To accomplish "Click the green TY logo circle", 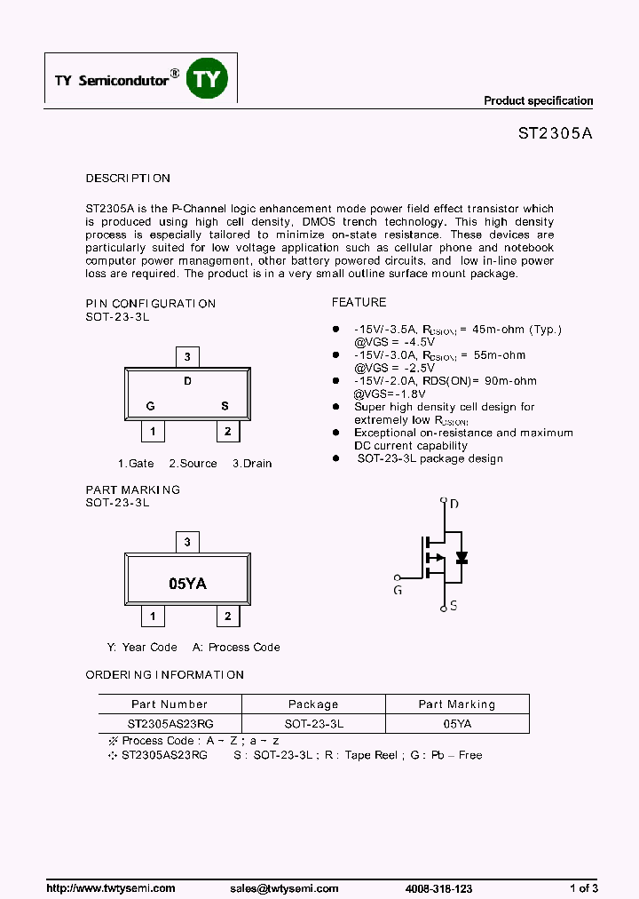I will point(207,79).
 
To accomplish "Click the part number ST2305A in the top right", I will point(555,134).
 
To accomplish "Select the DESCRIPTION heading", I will point(128,179).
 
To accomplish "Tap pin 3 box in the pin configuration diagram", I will point(186,357).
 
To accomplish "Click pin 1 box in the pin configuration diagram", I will point(154,432).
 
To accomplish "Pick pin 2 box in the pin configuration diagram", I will point(228,432).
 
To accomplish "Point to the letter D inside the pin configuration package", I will point(187,381).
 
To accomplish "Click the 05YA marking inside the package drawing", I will point(187,584).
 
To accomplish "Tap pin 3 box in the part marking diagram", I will point(186,542).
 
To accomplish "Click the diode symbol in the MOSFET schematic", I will point(461,558).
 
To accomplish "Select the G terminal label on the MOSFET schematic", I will point(398,589).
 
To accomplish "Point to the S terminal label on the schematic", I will point(454,606).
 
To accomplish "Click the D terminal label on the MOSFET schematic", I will point(454,505).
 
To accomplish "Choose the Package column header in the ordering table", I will point(313,704).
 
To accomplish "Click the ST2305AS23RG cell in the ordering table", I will point(169,724).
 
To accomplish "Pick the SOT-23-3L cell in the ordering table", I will point(313,724).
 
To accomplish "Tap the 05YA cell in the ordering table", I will point(457,724).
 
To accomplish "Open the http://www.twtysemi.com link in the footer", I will point(110,888).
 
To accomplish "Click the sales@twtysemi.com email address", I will point(284,888).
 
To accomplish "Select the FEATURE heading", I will point(359,303).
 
